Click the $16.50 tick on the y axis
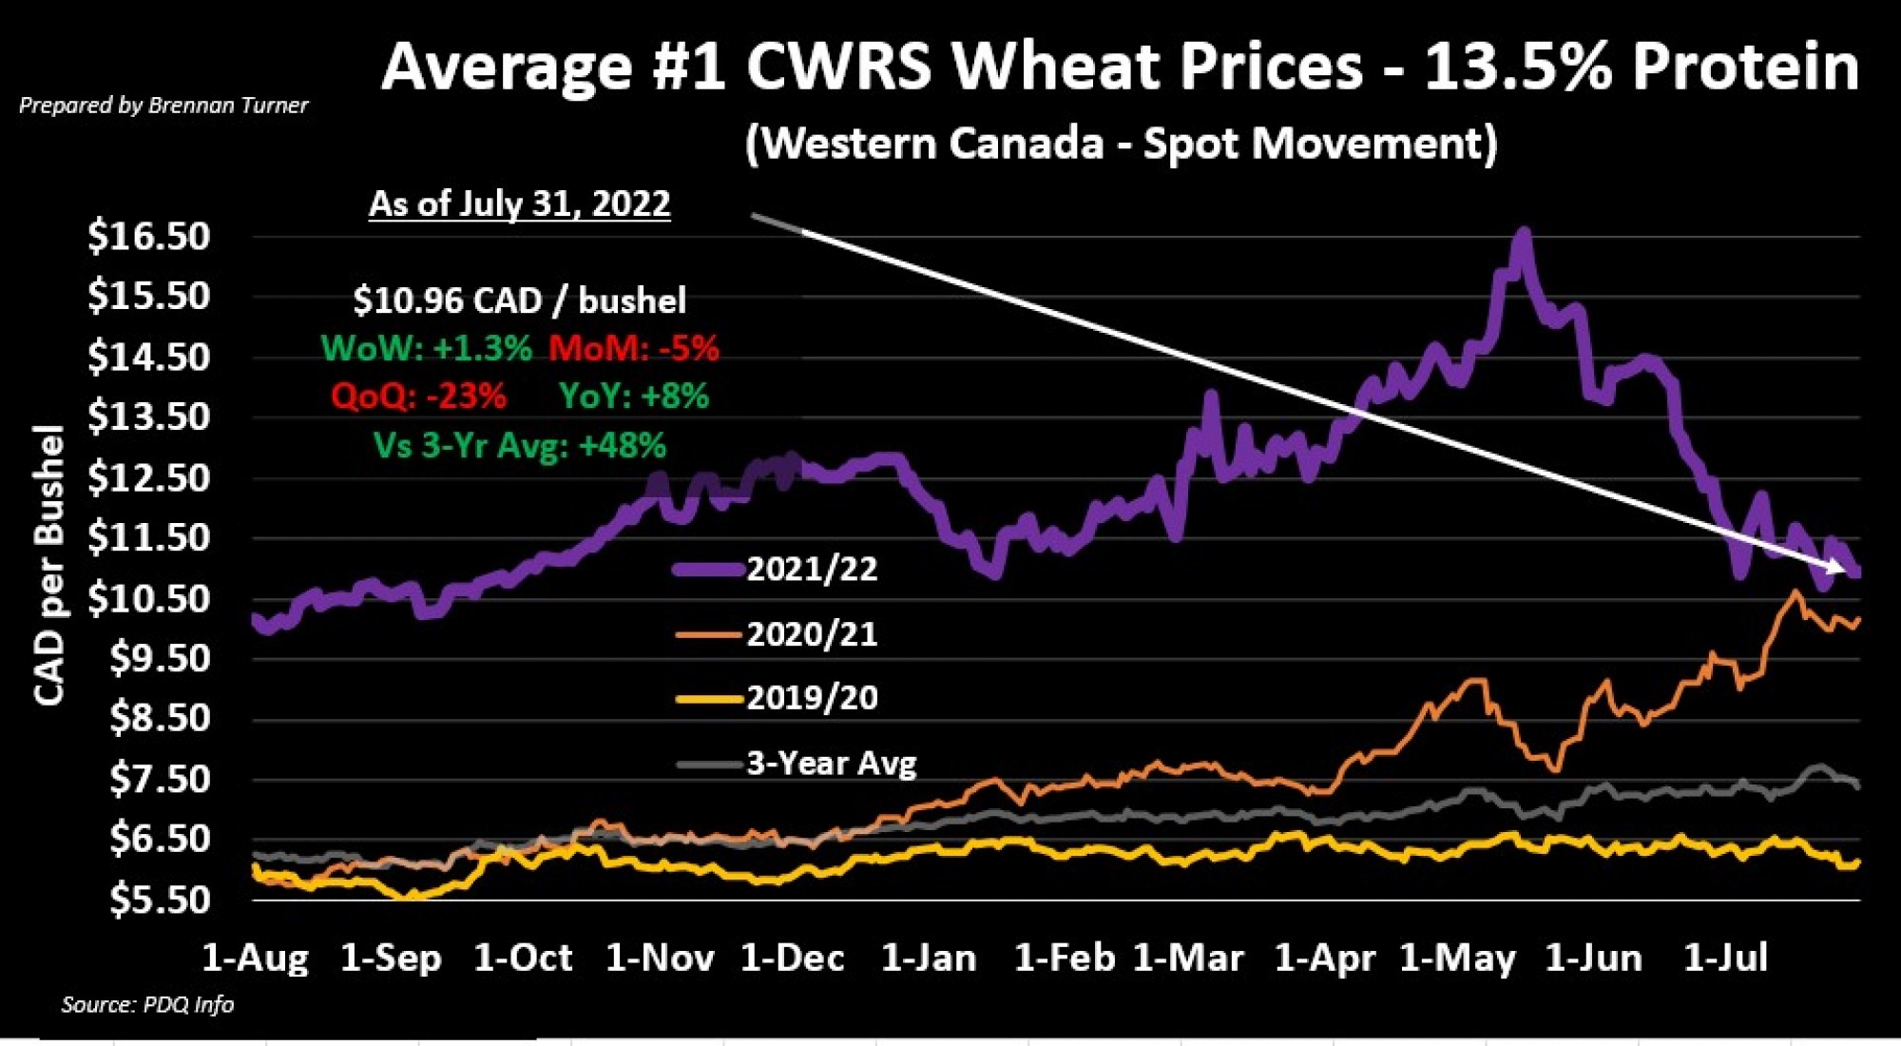[x=149, y=236]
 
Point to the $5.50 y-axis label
[x=159, y=900]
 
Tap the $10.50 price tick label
[x=149, y=599]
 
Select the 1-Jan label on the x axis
[x=929, y=958]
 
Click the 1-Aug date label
[x=255, y=958]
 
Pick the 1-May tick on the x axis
[x=1457, y=958]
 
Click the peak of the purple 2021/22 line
[x=1524, y=232]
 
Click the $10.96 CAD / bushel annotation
[x=519, y=300]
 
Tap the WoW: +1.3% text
[x=426, y=348]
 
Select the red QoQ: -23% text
[x=418, y=396]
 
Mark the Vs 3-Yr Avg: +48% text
[x=519, y=445]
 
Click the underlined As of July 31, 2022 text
[x=519, y=203]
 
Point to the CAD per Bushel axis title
[x=49, y=565]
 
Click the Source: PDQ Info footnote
[x=147, y=1004]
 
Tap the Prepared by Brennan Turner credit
[x=163, y=106]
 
